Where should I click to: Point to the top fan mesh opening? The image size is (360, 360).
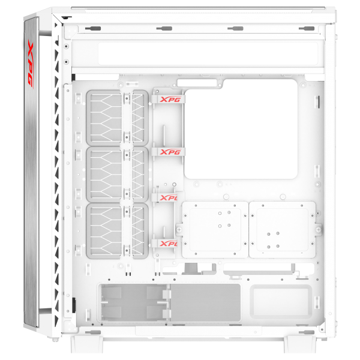[117, 117]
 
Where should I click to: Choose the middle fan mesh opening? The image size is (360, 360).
[117, 173]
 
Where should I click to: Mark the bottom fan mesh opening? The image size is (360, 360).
[117, 230]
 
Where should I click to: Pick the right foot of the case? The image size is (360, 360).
[300, 345]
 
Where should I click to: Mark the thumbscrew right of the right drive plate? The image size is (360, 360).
[319, 228]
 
